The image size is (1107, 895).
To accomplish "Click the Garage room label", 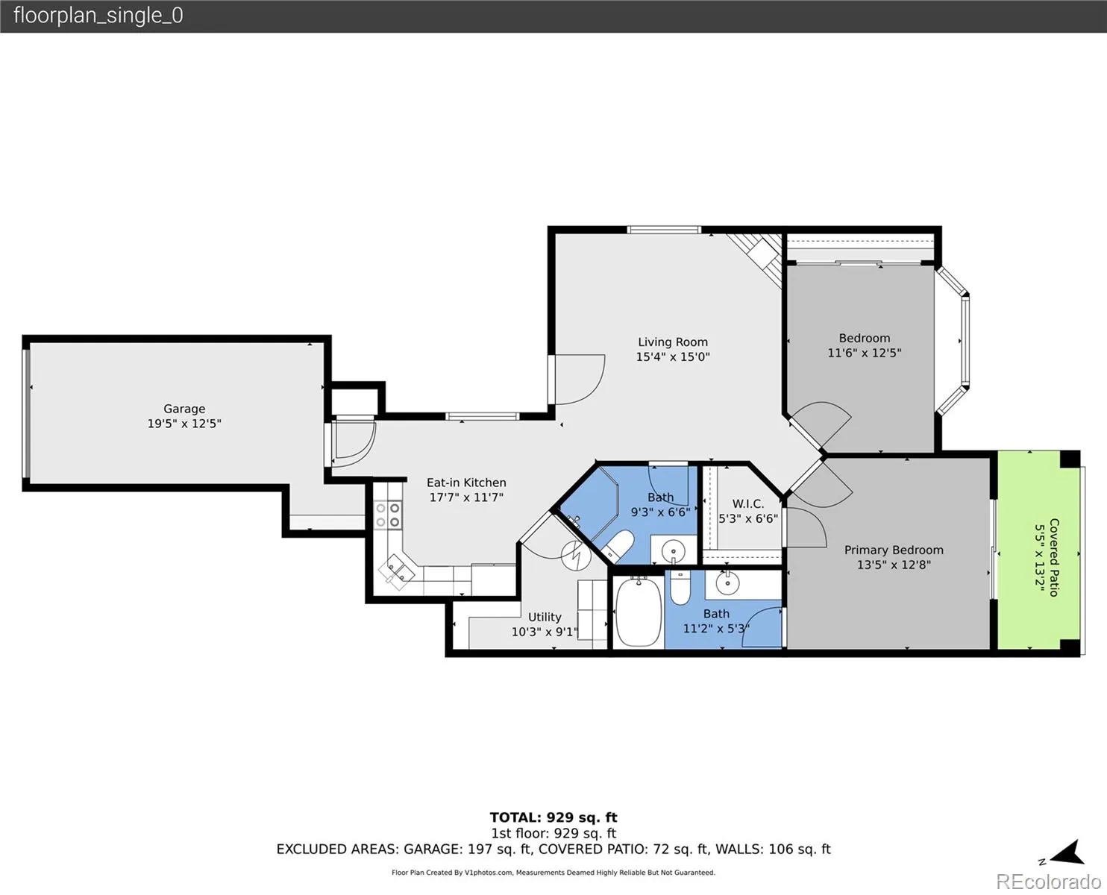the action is (184, 409).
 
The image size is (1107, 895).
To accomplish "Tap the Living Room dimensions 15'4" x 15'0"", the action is (673, 357).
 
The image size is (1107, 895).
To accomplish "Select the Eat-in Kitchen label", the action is (466, 483).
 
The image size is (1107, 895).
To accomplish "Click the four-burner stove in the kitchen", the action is (388, 515).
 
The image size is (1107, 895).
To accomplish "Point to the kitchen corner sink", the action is (397, 572).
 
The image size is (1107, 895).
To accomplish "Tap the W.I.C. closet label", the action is (748, 504).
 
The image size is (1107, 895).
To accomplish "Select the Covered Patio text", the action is (1054, 557).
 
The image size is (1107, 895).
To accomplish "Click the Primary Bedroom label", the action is (894, 550).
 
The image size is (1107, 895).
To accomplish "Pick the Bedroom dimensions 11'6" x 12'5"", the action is (865, 353).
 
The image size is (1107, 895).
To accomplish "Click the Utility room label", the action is (544, 617).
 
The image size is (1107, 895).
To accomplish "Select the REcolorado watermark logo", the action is (1048, 881).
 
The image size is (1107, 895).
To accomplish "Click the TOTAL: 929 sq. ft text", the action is (553, 817).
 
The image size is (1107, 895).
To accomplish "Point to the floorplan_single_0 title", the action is (98, 16).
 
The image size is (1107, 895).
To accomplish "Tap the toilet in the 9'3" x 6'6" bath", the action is (618, 547).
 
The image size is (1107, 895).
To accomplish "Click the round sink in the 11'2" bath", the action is (727, 583).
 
